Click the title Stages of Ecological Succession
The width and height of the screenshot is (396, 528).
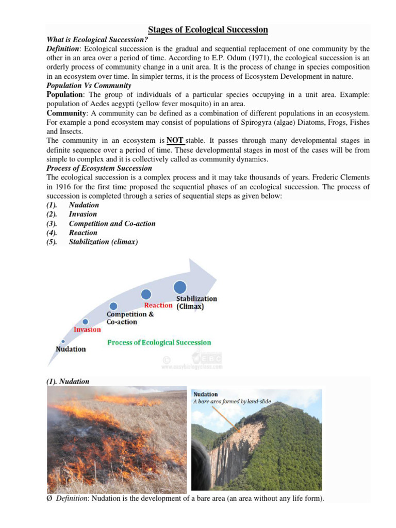(208, 30)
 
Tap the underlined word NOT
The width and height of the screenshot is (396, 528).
(175, 140)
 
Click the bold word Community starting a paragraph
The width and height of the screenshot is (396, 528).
(65, 113)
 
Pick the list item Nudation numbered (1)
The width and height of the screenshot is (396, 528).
(84, 205)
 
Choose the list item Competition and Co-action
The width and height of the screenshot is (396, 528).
(112, 223)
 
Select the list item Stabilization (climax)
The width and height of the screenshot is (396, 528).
(103, 241)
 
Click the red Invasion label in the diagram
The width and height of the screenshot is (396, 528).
(87, 329)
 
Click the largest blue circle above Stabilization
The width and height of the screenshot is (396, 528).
(180, 287)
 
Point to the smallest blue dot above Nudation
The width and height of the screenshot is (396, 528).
(63, 341)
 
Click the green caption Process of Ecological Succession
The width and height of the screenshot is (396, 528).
(159, 342)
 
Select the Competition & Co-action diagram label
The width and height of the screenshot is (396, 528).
(129, 318)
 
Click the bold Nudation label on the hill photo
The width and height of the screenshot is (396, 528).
(205, 394)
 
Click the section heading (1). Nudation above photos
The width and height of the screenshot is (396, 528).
(68, 382)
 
